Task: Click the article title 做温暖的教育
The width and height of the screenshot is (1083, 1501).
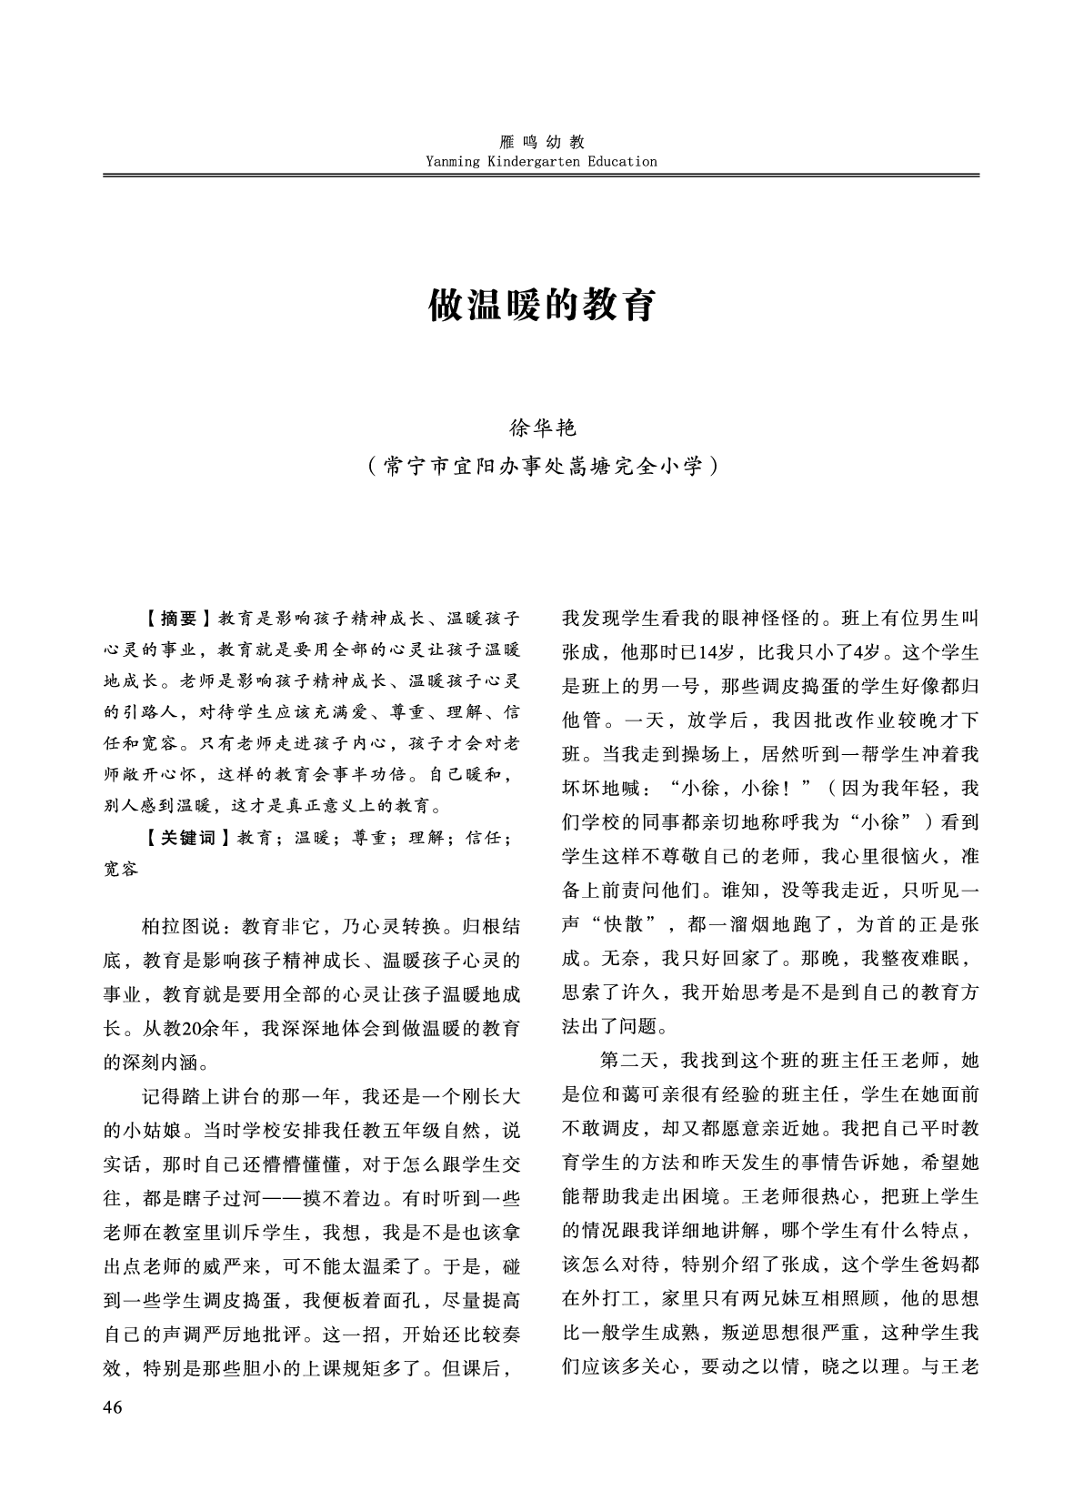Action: point(541,307)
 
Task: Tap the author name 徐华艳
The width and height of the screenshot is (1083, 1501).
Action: point(541,426)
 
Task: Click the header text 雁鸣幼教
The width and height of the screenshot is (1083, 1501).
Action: point(542,142)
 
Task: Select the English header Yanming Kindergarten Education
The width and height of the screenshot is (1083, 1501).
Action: point(541,162)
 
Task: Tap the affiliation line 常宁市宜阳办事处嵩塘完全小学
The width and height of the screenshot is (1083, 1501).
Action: point(542,466)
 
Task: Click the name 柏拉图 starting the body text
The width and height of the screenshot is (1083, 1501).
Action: point(170,927)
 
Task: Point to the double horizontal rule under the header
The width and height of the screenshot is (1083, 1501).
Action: point(541,175)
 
